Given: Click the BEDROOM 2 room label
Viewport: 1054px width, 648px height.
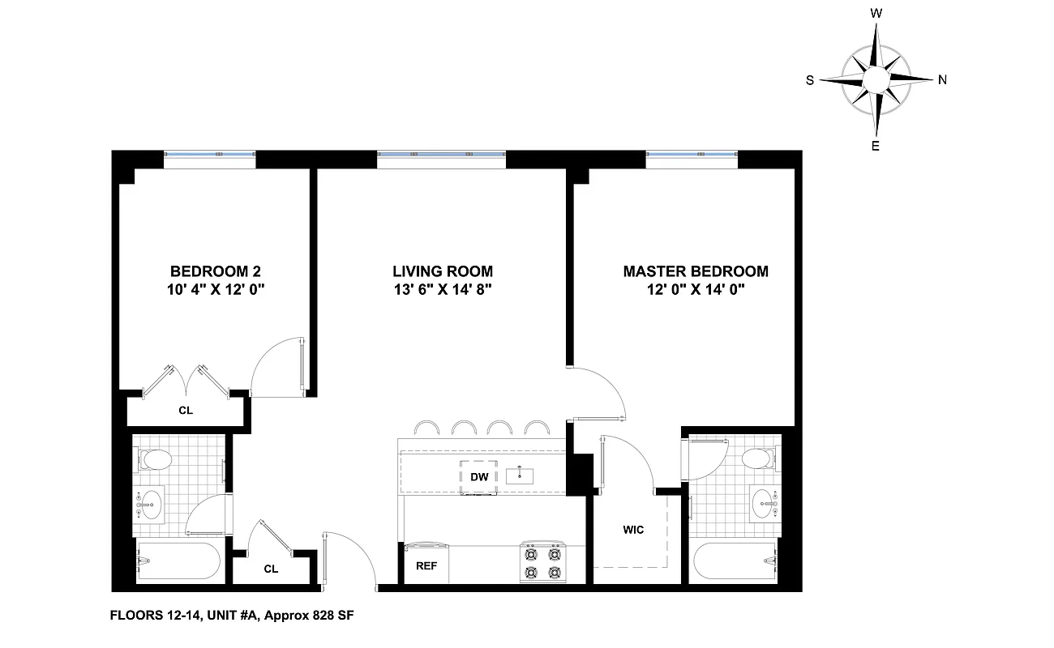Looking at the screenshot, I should pos(215,271).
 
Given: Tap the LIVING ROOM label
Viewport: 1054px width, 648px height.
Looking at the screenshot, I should pos(442,271).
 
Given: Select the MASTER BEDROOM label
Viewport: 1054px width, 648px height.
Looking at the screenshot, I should pos(695,271).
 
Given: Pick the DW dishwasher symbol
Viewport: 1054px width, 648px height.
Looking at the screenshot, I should pos(479,476).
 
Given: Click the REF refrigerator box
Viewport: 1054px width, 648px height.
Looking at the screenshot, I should pos(426,566).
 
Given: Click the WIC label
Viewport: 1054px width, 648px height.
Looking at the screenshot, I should pos(633,530).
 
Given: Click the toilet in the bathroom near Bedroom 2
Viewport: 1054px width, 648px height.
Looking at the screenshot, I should pos(156,460).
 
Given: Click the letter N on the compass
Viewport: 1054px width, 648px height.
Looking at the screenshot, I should pos(942,79).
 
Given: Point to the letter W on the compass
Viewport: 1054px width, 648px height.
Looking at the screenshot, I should pos(876,14).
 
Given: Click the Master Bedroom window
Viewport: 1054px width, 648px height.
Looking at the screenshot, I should pos(692,155).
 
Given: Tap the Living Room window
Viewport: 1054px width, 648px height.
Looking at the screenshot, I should pos(441,155).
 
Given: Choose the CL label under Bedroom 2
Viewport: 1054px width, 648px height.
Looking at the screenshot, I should pos(186,410).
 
